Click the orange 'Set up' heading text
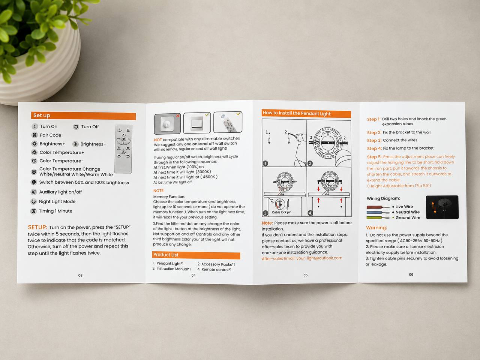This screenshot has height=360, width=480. [42, 115]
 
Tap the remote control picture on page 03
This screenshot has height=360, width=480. [123, 149]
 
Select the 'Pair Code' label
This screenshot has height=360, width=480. [50, 135]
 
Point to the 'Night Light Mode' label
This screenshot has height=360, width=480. [57, 201]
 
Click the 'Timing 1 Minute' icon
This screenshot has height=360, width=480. [33, 211]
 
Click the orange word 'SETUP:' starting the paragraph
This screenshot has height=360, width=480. [37, 227]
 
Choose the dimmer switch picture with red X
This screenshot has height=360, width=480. [167, 123]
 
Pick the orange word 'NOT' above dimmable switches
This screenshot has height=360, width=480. [158, 140]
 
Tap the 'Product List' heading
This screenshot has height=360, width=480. [166, 255]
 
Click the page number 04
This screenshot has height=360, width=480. [193, 275]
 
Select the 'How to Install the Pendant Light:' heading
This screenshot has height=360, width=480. [297, 113]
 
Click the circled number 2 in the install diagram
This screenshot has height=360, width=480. [310, 163]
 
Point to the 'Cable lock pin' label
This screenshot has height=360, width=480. [282, 212]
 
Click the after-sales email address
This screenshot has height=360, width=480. [319, 258]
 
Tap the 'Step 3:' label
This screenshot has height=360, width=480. [374, 140]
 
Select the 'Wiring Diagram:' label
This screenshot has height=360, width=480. [383, 198]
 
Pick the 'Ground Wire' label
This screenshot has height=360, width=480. [408, 218]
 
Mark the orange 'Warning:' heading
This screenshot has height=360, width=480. [376, 228]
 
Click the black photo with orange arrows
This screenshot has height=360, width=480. [442, 207]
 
